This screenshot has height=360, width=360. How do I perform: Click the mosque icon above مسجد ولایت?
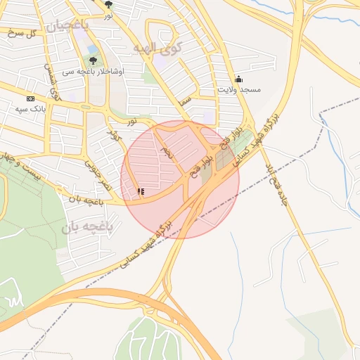(238, 79)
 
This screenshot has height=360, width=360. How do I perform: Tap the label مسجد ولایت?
(238, 90)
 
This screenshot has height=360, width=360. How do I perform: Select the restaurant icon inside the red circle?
(141, 191)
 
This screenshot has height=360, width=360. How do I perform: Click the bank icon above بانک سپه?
(30, 98)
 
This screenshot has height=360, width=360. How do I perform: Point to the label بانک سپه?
(30, 109)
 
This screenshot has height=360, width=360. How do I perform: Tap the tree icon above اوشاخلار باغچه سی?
(94, 60)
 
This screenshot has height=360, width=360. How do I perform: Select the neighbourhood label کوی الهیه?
(156, 48)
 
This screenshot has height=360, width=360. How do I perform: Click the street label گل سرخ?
(21, 33)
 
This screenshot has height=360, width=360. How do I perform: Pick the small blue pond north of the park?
(93, 50)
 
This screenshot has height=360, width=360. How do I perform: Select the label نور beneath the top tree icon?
(108, 15)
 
